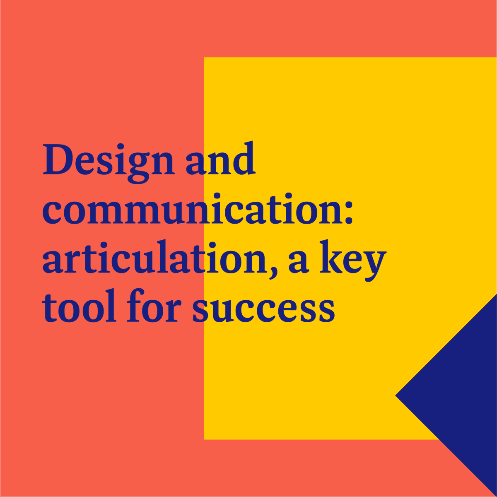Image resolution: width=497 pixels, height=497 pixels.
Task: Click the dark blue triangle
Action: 460,393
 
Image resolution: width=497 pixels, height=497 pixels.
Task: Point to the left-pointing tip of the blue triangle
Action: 396,396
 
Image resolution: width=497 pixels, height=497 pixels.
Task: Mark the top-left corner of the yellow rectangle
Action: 204,58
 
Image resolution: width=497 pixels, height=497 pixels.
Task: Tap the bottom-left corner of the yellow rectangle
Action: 204,439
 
